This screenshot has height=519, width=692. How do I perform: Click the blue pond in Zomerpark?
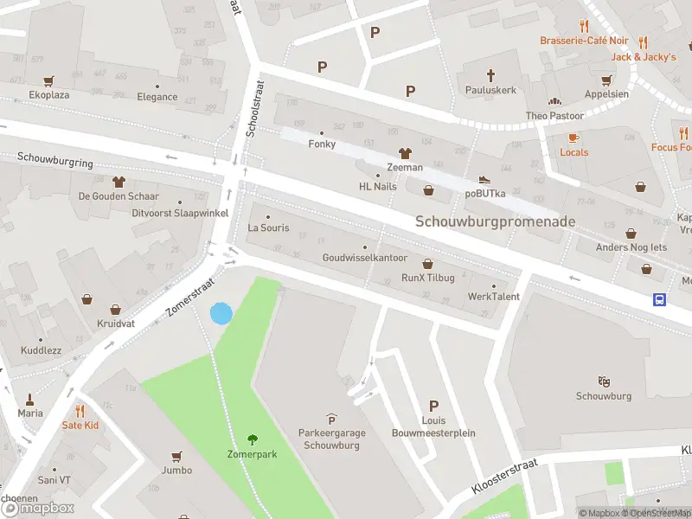[221, 313]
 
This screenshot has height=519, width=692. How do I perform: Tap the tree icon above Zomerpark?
[253, 439]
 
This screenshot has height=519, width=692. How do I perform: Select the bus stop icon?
[659, 299]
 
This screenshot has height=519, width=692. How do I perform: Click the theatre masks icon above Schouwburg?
[603, 381]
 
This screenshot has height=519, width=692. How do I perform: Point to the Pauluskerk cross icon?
[490, 75]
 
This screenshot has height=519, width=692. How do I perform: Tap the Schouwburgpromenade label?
[495, 221]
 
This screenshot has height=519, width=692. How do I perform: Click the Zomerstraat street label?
[190, 295]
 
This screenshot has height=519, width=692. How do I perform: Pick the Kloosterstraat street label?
[505, 477]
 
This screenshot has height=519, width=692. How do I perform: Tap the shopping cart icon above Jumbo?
[176, 456]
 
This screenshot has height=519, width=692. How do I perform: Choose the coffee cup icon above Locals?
[573, 138]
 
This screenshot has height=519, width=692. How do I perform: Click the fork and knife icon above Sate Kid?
[80, 411]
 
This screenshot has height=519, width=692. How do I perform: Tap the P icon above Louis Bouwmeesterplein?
[433, 406]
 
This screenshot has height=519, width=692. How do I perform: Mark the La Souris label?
[268, 228]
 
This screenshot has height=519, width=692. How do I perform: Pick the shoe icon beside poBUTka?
[484, 179]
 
